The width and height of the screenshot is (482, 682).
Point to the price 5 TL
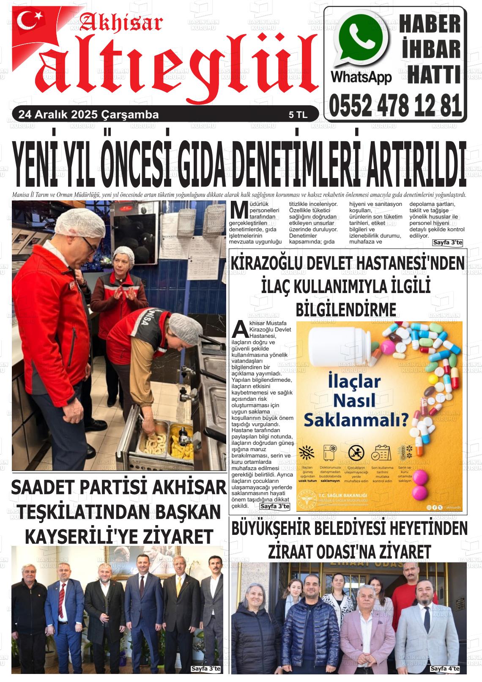click(x=298, y=115)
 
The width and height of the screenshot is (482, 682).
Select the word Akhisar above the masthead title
click(x=120, y=23)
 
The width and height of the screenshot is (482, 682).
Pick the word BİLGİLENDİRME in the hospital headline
click(x=346, y=309)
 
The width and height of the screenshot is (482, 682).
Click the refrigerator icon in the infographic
click(x=330, y=452)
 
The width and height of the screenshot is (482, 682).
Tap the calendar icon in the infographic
click(x=381, y=452)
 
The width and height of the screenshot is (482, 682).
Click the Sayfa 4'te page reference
click(x=444, y=668)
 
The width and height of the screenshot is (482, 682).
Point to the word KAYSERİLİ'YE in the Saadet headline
click(x=77, y=537)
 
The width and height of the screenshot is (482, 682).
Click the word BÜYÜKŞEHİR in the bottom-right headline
click(x=279, y=529)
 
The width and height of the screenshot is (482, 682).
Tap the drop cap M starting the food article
click(x=239, y=210)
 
